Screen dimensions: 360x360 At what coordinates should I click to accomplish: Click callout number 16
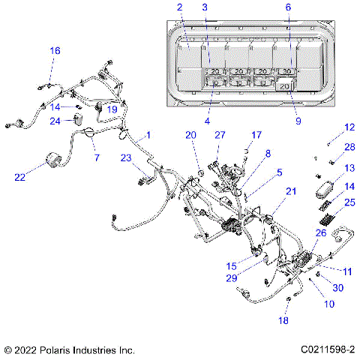click(55, 50)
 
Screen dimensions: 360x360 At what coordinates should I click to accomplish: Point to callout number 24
click(55, 121)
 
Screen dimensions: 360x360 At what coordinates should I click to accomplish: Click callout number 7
click(95, 157)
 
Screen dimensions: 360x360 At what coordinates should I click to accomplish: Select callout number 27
click(220, 135)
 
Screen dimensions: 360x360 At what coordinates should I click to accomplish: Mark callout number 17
click(256, 135)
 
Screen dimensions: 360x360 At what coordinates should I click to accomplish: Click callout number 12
click(349, 127)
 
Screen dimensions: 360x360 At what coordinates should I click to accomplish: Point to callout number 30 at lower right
click(338, 287)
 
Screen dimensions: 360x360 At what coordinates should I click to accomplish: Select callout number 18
click(283, 320)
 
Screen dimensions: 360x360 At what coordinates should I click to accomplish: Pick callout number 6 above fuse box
click(289, 7)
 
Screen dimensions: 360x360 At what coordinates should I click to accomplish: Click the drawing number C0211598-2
click(328, 349)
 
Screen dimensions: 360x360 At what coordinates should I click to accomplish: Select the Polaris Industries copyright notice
click(69, 349)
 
